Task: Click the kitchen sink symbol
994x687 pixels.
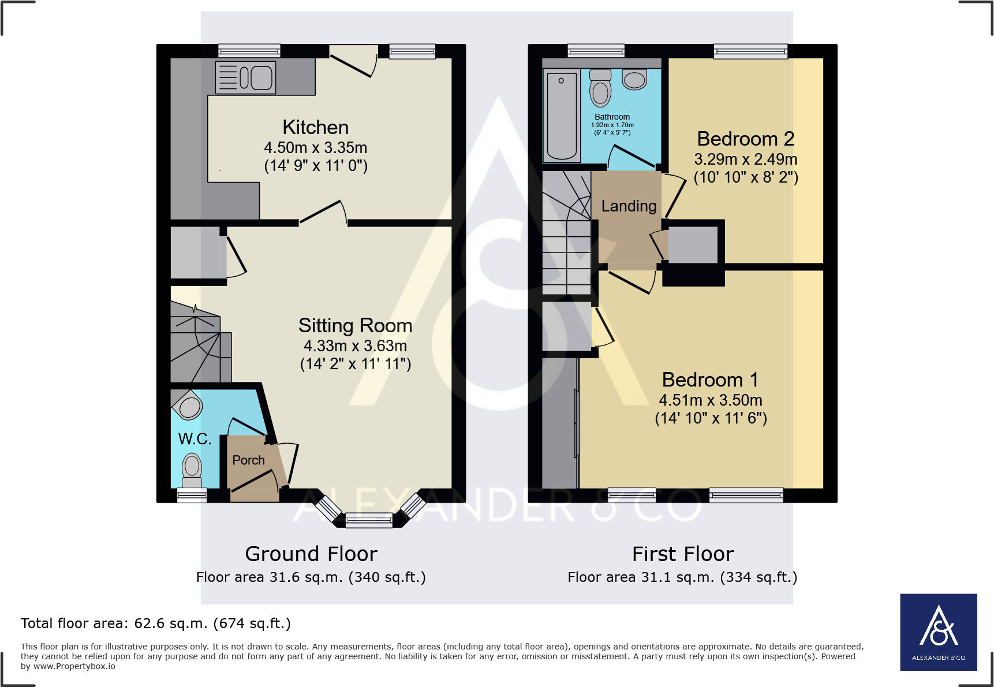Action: click(246, 77)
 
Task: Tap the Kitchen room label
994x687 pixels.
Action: click(315, 127)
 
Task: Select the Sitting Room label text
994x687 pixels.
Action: click(355, 325)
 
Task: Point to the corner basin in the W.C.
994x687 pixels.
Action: click(189, 406)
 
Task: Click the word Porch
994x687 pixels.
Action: click(248, 460)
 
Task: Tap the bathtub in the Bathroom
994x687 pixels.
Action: click(562, 116)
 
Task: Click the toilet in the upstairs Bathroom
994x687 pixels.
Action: click(600, 89)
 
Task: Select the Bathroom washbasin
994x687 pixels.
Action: click(634, 80)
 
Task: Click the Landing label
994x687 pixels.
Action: click(629, 206)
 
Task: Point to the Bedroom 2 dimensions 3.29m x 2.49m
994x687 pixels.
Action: click(745, 159)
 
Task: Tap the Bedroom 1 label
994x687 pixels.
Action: click(710, 380)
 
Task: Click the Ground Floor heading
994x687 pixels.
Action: click(311, 554)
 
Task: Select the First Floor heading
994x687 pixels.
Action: click(682, 554)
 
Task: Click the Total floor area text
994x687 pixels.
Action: click(156, 623)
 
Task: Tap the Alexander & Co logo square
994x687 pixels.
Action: click(939, 632)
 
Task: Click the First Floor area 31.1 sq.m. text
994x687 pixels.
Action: click(682, 577)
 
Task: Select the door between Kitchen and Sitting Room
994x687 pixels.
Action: click(322, 212)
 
